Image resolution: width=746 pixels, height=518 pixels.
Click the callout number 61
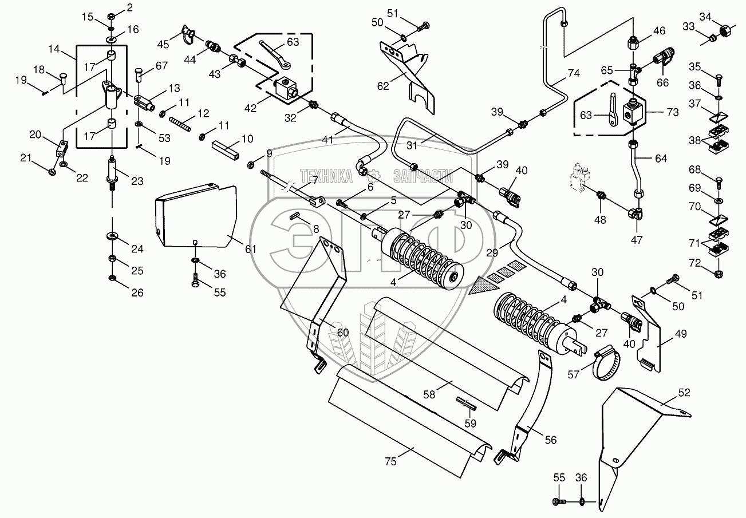click(250, 248)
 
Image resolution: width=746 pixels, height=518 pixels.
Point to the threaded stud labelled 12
click(180, 124)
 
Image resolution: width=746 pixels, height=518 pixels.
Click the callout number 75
click(390, 461)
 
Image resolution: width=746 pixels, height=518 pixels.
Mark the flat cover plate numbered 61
click(196, 216)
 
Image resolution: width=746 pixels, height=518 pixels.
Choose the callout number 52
click(684, 393)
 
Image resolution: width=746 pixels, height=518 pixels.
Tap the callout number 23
click(137, 181)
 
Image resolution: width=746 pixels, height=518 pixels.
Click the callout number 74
click(574, 73)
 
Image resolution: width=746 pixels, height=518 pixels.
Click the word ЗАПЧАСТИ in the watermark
click(423, 176)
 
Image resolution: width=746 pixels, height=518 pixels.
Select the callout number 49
click(680, 334)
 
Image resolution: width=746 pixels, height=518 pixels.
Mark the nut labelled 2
click(111, 15)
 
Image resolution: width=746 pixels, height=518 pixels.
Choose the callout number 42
click(250, 108)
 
